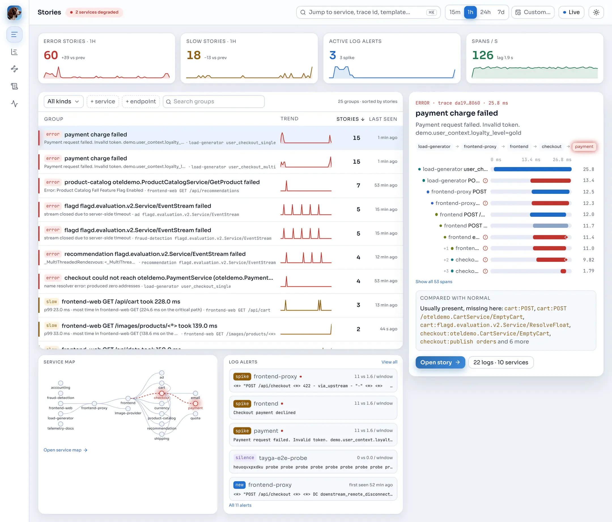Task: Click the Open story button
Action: click(x=440, y=362)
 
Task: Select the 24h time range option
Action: click(x=485, y=12)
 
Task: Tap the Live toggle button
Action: click(x=571, y=12)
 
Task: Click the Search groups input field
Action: click(x=214, y=101)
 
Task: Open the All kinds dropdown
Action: click(x=63, y=101)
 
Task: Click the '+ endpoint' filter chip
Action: click(x=141, y=101)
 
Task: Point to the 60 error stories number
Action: click(x=51, y=55)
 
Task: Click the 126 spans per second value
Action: click(x=483, y=55)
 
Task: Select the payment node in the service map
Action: click(x=195, y=404)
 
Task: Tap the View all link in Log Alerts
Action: click(x=389, y=362)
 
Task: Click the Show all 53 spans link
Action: click(x=434, y=281)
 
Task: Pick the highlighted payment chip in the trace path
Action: click(x=584, y=147)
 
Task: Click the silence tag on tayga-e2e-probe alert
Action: click(x=245, y=458)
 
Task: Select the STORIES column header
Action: click(x=350, y=119)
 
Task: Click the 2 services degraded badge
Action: click(x=94, y=12)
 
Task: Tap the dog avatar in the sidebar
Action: click(x=14, y=13)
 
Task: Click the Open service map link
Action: click(x=65, y=450)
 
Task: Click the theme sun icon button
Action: click(x=596, y=12)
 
